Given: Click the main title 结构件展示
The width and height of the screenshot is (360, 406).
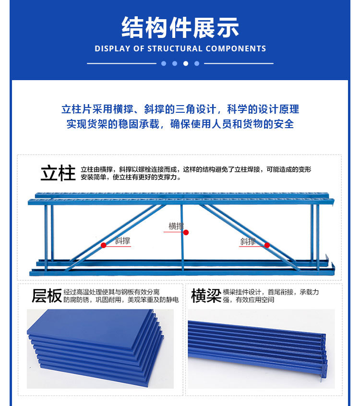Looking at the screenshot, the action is (180, 27).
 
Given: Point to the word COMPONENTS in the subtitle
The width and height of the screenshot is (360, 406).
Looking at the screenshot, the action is (236, 48).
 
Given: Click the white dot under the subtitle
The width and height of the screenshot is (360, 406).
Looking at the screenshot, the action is (186, 63).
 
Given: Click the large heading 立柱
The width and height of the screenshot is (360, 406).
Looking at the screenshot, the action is (58, 173).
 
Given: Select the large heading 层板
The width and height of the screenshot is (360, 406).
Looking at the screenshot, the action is (47, 296).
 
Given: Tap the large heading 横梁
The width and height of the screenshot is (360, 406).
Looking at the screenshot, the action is (205, 296).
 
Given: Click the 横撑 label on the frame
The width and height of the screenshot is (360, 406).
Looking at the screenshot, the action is (176, 226).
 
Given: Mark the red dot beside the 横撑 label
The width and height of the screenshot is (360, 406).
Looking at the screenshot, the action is (186, 232).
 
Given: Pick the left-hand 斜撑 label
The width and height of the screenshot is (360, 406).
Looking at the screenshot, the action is (122, 241).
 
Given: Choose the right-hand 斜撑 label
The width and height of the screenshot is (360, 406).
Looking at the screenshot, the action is (248, 241).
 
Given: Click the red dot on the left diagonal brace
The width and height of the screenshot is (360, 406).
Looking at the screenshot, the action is (103, 245).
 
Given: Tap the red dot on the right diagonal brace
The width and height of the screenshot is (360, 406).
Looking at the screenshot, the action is (267, 245).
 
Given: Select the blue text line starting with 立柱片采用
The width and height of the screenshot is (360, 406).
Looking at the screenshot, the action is (180, 109).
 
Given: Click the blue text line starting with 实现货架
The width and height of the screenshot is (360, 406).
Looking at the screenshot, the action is (180, 124).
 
